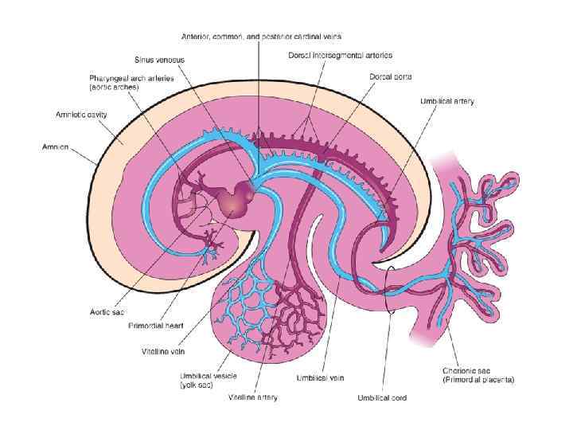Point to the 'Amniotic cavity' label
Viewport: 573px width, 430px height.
82,115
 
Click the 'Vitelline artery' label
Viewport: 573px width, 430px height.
253,397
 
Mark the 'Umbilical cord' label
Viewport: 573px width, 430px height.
383,397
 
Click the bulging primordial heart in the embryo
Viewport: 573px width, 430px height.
236,199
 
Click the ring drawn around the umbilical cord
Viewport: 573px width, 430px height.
389,291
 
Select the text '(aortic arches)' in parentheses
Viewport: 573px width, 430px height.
115,87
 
